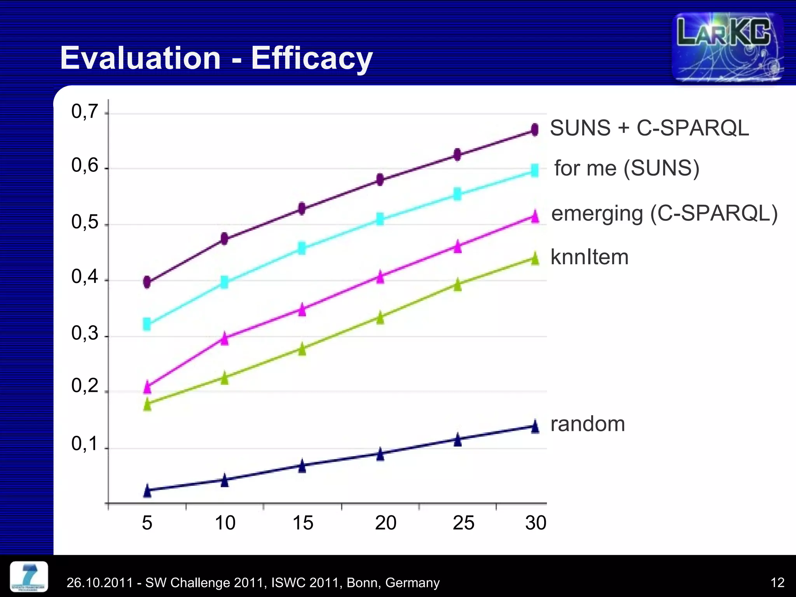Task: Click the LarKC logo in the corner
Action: point(728,47)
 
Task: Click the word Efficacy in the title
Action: point(312,58)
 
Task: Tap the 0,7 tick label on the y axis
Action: point(84,112)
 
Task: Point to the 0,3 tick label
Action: point(84,333)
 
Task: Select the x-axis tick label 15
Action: point(302,523)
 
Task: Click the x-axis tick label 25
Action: point(463,523)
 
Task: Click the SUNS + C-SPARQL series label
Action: point(649,128)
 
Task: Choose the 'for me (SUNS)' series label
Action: point(627,168)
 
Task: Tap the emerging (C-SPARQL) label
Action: point(664,213)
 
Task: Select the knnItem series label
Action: point(589,257)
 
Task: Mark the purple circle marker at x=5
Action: point(147,282)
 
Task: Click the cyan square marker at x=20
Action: point(380,219)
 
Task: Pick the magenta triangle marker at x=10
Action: point(225,338)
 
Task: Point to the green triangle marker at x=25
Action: point(458,284)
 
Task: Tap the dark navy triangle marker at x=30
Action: point(535,426)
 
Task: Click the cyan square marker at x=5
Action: point(147,324)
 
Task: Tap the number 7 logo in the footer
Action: point(29,576)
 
